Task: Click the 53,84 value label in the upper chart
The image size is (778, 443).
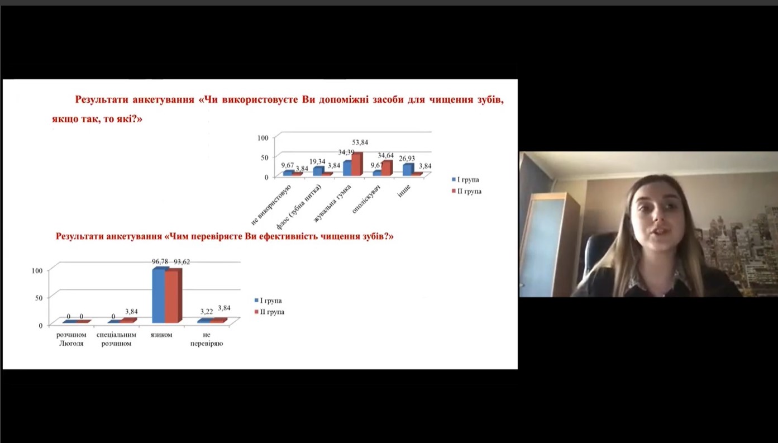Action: [360, 142]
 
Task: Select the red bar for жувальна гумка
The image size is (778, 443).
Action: [357, 164]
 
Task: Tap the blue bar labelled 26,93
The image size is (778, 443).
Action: [408, 170]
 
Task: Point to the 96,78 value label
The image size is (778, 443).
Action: [160, 261]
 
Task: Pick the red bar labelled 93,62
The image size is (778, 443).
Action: [173, 296]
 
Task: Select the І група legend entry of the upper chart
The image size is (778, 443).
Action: [465, 180]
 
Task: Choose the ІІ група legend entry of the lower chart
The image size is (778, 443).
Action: [270, 312]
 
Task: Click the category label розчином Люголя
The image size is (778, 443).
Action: [71, 339]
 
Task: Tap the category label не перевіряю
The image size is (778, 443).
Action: [207, 339]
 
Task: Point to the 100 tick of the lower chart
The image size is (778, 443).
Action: [37, 271]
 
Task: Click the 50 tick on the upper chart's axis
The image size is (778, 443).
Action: [265, 158]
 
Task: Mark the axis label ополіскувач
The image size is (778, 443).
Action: [366, 199]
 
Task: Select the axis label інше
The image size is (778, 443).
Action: [404, 191]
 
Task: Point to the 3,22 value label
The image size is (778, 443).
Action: [207, 312]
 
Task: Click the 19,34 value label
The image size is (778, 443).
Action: [317, 161]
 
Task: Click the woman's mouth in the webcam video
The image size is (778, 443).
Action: [659, 231]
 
